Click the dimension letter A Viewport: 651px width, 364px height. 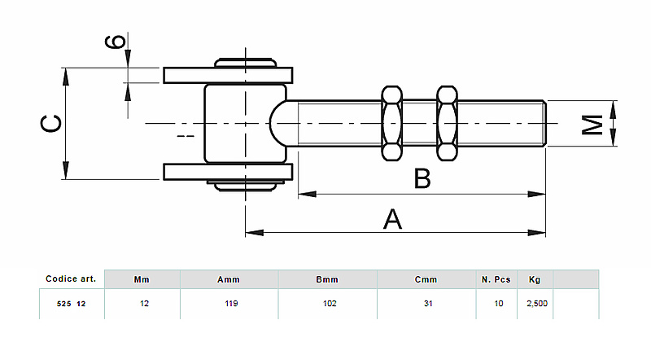pos(393,219)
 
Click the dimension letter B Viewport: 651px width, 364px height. pos(422,178)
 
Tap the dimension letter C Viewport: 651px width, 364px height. pos(50,124)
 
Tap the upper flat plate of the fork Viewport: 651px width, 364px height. pos(227,76)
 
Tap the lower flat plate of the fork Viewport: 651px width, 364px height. pos(227,172)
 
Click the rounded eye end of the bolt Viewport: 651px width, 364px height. pos(281,124)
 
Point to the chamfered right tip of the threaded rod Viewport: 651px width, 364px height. pos(544,124)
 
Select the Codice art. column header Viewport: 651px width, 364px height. pos(72,278)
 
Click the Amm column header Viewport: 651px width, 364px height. pos(229,279)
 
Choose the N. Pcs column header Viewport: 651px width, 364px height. pos(496,279)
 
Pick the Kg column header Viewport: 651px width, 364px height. pos(534,279)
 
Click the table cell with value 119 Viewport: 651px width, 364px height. pos(229,304)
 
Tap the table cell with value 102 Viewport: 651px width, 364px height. pos(327,304)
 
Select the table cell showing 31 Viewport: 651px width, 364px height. pos(426,304)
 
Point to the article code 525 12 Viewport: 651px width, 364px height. pos(72,304)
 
